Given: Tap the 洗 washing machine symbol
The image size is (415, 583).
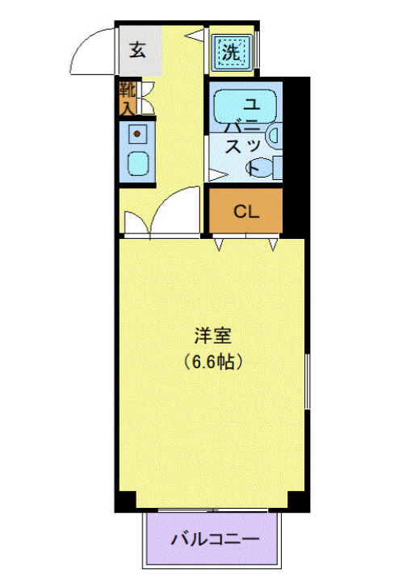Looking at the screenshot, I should pyautogui.click(x=233, y=53).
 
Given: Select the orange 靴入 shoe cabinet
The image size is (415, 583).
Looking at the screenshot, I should pyautogui.click(x=128, y=97).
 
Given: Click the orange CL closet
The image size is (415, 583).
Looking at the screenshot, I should pyautogui.click(x=245, y=212).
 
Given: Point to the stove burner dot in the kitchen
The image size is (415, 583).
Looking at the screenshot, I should pyautogui.click(x=137, y=133).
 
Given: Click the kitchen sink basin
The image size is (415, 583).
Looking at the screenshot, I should pyautogui.click(x=138, y=164).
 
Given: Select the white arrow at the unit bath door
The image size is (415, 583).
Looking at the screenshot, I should pyautogui.click(x=216, y=174).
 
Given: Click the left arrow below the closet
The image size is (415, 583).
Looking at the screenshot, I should pyautogui.click(x=218, y=242).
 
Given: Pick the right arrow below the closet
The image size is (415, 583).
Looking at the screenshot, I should pyautogui.click(x=273, y=242).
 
